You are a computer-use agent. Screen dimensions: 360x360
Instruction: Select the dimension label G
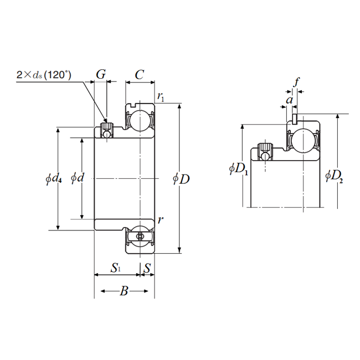[x=101, y=74]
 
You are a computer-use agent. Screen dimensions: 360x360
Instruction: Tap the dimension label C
[x=140, y=74]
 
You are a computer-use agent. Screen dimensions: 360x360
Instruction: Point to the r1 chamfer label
[x=160, y=97]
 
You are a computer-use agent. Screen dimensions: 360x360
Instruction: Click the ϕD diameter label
[x=181, y=179]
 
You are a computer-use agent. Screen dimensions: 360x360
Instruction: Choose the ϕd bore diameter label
[x=78, y=178]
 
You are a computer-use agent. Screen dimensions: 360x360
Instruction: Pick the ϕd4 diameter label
[x=54, y=178]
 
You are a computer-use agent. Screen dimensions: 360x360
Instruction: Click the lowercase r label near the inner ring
[x=160, y=220]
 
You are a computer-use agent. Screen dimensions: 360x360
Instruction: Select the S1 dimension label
[x=115, y=269]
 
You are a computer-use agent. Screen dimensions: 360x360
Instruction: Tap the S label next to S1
[x=147, y=269]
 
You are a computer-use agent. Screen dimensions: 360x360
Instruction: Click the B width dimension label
[x=124, y=291]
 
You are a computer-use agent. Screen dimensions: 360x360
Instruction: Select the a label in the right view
[x=289, y=100]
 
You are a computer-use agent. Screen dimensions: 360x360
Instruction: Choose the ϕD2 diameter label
[x=333, y=176]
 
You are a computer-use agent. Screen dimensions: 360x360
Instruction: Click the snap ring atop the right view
[x=296, y=118]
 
